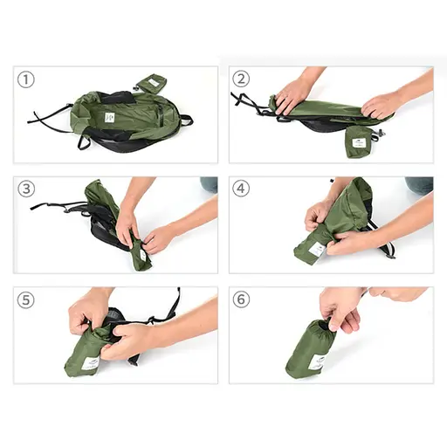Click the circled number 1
click(27, 79)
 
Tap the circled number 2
click(242, 79)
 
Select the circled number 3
click(27, 189)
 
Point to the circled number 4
click(242, 189)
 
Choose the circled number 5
click(27, 299)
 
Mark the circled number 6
click(242, 299)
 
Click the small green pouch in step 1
click(150, 84)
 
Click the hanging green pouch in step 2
click(359, 140)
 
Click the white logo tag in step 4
click(316, 249)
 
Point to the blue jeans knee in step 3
click(209, 184)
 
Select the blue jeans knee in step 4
click(420, 184)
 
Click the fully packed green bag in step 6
click(310, 349)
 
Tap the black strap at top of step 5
click(173, 304)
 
